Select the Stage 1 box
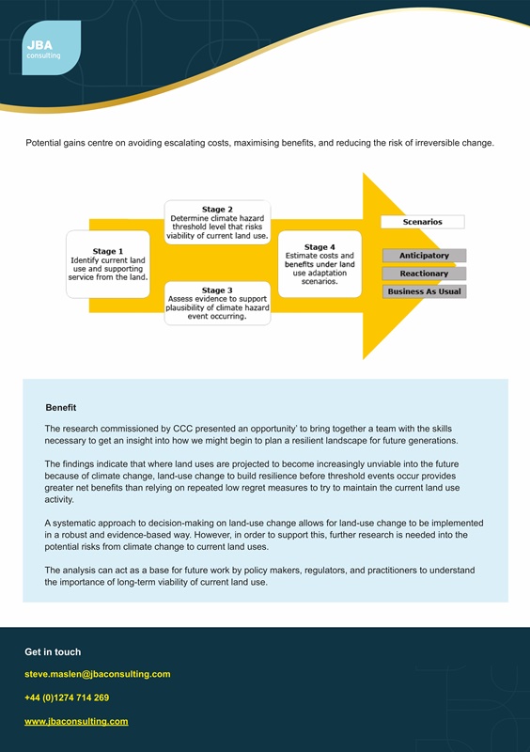(x=108, y=264)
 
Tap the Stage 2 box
(x=217, y=223)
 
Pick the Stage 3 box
(x=217, y=304)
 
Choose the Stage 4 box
(x=320, y=263)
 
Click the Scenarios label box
(x=422, y=222)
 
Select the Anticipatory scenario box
(x=424, y=256)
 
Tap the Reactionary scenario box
(x=424, y=274)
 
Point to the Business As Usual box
(x=424, y=291)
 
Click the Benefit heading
(x=61, y=408)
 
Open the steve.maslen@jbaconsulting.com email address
(x=97, y=674)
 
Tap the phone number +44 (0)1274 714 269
(x=67, y=697)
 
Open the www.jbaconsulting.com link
(x=76, y=721)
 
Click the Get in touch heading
(x=53, y=651)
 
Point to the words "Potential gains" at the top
(x=57, y=143)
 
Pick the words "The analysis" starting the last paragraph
(x=71, y=571)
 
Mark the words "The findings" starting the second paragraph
(x=71, y=464)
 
